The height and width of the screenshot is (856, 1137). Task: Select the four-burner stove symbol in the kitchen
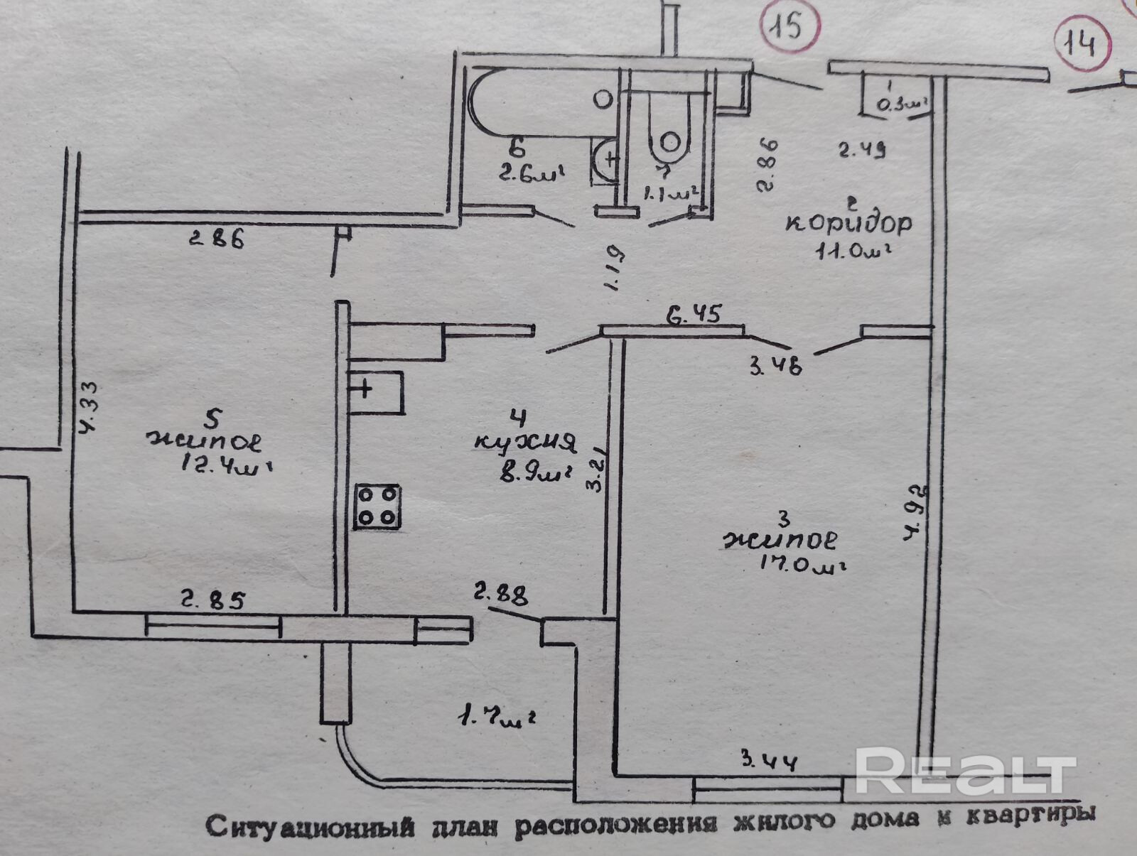click(x=377, y=506)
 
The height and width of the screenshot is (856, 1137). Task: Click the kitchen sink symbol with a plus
click(x=376, y=392)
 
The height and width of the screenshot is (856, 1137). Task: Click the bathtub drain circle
click(x=603, y=99)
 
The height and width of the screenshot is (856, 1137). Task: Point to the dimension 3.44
click(x=770, y=762)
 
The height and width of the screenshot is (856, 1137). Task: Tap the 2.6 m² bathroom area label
click(x=532, y=173)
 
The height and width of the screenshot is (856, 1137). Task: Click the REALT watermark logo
click(x=964, y=771)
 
